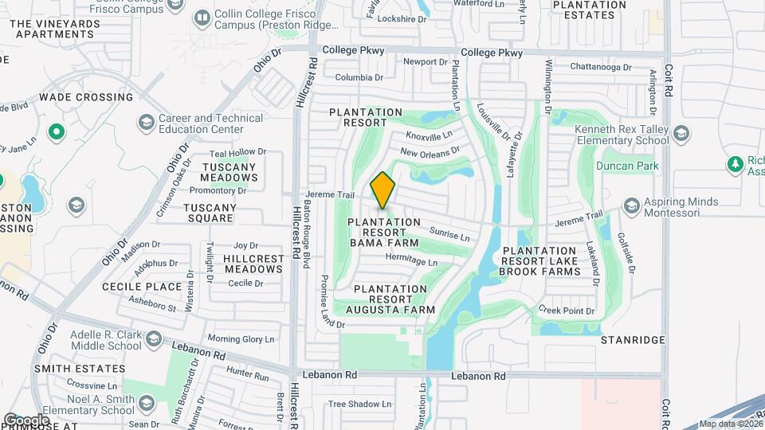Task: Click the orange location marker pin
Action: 383,190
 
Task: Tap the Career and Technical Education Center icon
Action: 146,123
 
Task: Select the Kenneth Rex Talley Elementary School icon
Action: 681,133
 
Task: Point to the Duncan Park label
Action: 626,166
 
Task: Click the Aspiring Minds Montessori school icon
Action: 632,207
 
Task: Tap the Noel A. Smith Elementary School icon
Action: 147,404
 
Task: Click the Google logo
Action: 26,420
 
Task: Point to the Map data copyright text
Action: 731,424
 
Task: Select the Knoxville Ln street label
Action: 429,135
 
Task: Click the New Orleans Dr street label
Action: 430,150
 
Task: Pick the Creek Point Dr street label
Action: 567,310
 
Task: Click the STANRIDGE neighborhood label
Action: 633,340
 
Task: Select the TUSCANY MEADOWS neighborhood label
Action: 229,172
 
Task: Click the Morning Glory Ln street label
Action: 241,338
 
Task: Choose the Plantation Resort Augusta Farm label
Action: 394,299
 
